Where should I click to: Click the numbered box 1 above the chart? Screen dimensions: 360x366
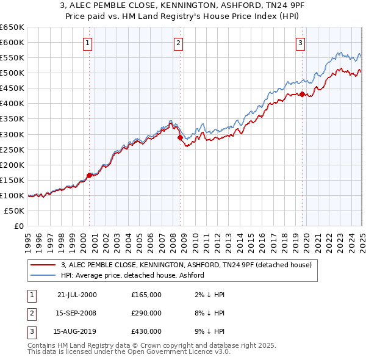click(88, 43)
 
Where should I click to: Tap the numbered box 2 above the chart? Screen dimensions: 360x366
click(178, 43)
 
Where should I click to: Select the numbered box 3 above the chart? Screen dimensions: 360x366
click(301, 43)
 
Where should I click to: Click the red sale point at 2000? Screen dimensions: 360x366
click(90, 175)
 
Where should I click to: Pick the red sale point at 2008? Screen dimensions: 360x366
click(180, 137)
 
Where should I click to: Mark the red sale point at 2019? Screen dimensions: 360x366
click(302, 94)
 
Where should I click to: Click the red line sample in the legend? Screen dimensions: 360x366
click(43, 265)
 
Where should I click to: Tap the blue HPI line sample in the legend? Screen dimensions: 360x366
click(43, 275)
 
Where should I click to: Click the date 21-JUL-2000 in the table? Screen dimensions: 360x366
click(77, 295)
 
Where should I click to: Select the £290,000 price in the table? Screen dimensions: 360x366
click(146, 313)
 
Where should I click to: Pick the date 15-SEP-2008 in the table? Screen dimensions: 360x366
click(77, 313)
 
